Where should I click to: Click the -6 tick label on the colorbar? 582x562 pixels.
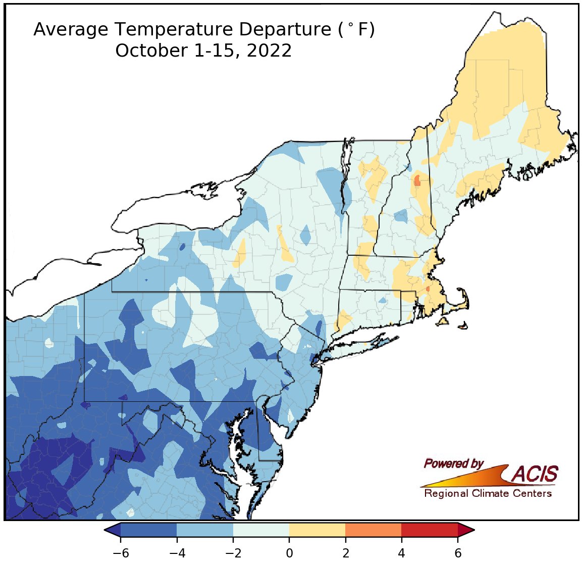[120, 553]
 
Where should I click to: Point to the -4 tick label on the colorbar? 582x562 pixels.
[177, 553]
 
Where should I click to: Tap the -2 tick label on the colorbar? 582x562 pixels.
[233, 553]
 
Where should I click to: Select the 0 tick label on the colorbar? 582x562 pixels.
[289, 553]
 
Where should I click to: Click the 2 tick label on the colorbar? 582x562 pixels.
[345, 553]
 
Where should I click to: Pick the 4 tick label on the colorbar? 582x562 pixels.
[401, 553]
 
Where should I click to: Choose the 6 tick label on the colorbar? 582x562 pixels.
[458, 553]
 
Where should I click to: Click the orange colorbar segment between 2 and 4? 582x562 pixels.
[373, 530]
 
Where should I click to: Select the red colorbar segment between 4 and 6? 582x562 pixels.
[430, 530]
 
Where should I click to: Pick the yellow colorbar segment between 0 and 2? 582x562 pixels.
[317, 530]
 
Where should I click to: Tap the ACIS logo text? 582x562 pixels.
[535, 474]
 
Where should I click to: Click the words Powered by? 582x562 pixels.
[454, 463]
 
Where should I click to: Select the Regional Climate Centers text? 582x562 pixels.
[488, 494]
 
